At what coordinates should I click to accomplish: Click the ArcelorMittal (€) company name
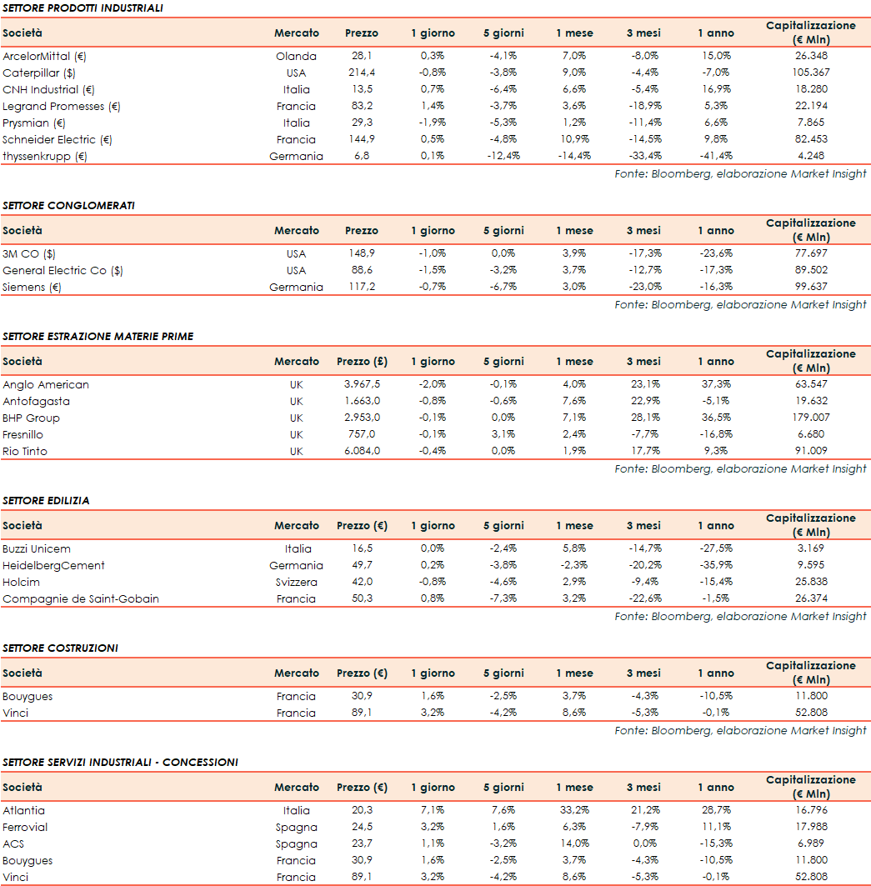[45, 57]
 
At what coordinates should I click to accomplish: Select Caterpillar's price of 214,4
[362, 73]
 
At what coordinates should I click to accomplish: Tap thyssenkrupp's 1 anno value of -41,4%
[716, 157]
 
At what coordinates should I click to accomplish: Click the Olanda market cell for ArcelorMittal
[297, 57]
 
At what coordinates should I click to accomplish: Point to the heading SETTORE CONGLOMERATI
[68, 206]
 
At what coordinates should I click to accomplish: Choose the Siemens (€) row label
[33, 288]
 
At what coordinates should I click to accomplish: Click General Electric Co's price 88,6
[362, 271]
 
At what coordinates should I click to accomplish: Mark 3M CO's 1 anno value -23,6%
[716, 254]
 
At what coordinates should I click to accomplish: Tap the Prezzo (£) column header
[362, 362]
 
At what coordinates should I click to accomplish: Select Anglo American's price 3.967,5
[362, 385]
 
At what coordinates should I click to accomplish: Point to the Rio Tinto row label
[25, 452]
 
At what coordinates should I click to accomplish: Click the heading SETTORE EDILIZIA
[46, 501]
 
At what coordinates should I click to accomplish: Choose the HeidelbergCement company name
[53, 566]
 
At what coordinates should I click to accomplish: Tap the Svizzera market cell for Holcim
[297, 583]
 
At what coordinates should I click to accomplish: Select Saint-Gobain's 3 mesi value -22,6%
[643, 599]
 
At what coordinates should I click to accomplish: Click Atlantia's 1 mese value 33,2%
[575, 811]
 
